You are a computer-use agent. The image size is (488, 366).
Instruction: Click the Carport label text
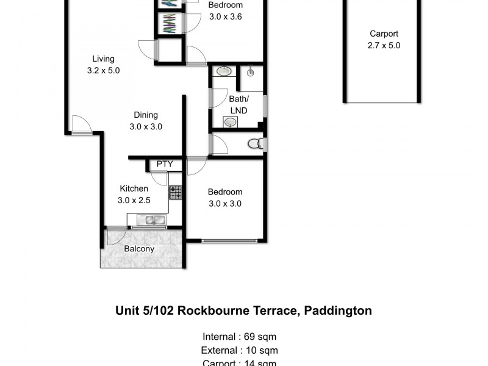384,34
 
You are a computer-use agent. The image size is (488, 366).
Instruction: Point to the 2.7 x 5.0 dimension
384,45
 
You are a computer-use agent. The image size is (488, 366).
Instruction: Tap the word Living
104,59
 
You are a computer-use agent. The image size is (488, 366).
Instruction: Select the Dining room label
146,115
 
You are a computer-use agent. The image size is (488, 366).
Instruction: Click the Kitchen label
134,188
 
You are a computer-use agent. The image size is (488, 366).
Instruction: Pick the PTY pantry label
165,164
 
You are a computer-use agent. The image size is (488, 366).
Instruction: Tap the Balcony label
139,249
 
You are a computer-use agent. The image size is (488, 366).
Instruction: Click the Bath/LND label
238,104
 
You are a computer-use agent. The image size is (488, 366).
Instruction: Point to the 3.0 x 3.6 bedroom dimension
225,16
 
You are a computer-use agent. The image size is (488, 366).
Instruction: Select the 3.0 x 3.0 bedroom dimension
225,204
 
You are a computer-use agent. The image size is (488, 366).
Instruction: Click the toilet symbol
256,145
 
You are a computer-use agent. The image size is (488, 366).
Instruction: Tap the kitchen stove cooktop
176,193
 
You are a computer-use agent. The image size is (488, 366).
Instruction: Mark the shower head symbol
251,73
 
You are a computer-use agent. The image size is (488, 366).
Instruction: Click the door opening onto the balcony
117,235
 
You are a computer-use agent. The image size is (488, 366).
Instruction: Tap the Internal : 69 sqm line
240,336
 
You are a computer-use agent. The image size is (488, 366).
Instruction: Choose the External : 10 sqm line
240,350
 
